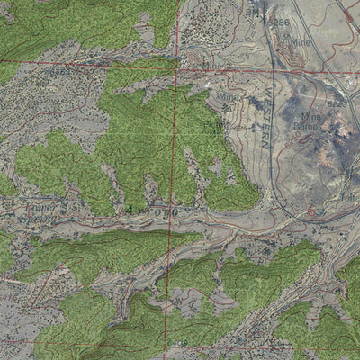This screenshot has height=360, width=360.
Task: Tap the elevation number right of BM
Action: (x=279, y=21)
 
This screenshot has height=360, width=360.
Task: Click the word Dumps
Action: (x=309, y=127)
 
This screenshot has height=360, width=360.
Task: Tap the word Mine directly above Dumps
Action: (x=310, y=117)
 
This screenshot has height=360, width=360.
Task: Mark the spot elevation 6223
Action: (x=337, y=105)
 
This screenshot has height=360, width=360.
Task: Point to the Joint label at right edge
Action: (x=349, y=196)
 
